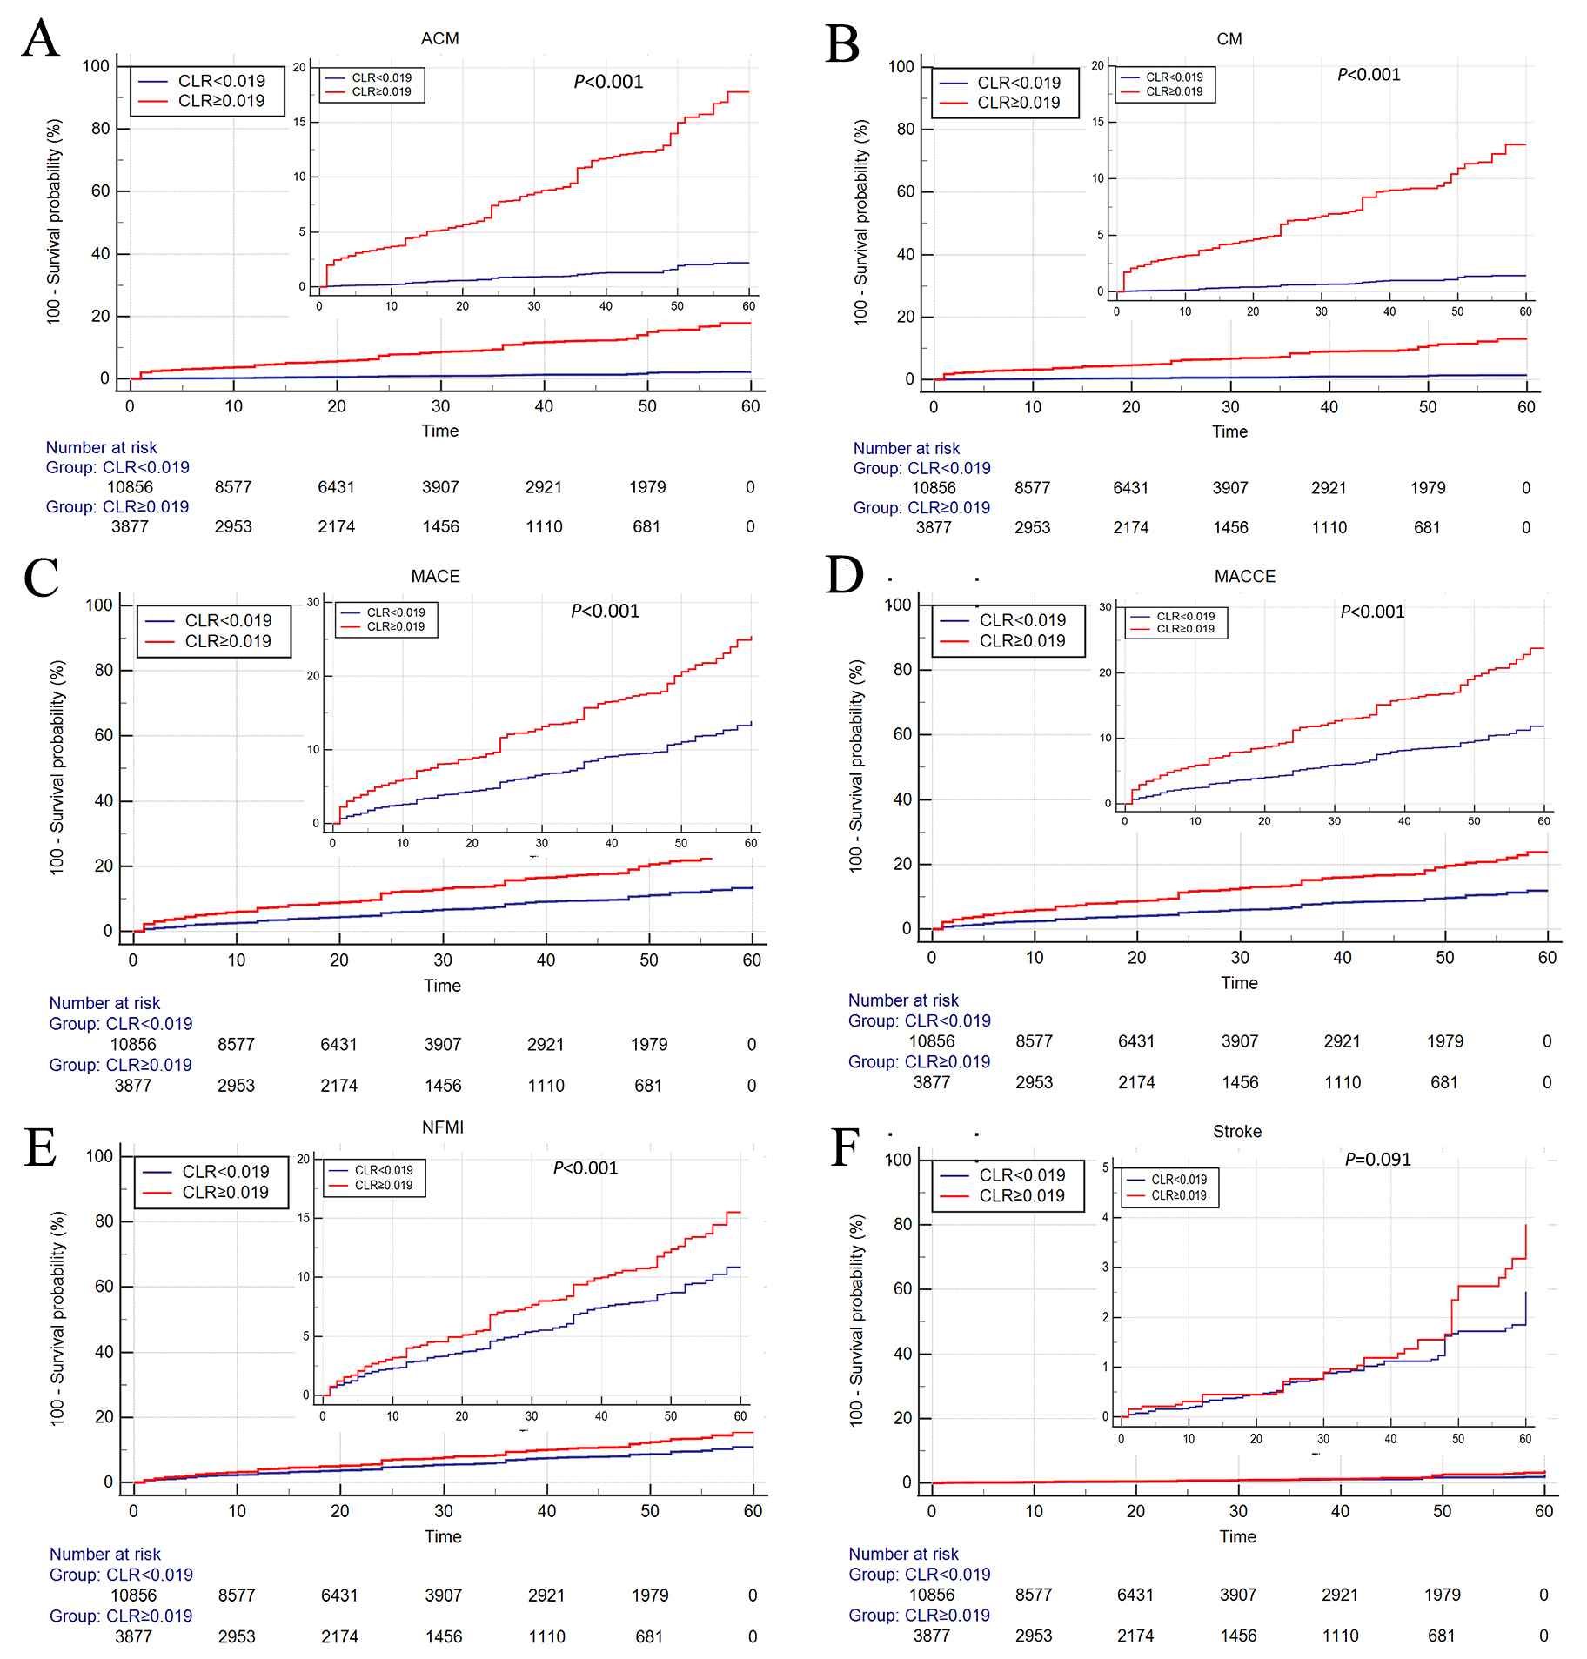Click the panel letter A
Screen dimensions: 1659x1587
pos(40,39)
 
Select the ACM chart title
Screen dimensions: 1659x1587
pos(439,38)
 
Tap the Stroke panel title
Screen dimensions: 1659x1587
pos(1236,1131)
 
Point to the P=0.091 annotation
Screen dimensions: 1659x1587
pos(1377,1159)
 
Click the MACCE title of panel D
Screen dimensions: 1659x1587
pos(1244,576)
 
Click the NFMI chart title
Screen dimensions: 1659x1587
pos(442,1127)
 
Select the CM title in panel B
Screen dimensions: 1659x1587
pos(1229,39)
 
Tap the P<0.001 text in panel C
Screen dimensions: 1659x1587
pos(605,611)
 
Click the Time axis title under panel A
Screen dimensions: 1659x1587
pos(439,431)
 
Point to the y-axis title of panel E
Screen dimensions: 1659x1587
pos(57,1317)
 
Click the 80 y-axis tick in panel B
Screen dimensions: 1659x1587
pos(906,129)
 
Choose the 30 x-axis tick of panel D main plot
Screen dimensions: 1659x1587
pos(1239,957)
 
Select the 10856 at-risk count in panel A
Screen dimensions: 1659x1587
pos(130,487)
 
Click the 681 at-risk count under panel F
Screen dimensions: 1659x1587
pos(1441,1636)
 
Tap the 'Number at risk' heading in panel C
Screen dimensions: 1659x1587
pos(104,1003)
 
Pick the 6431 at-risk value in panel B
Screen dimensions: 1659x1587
pos(1130,488)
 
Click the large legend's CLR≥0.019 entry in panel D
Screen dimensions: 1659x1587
pos(1021,641)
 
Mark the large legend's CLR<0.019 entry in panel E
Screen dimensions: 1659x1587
pos(225,1172)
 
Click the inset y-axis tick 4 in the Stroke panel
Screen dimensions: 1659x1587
pos(1105,1217)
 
